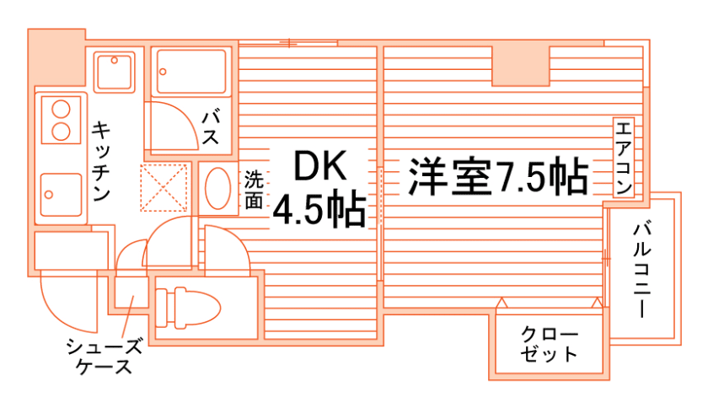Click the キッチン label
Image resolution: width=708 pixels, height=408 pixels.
coord(101,161)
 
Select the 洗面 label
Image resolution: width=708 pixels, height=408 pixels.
coord(254,190)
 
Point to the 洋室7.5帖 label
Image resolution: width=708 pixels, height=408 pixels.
coord(498,178)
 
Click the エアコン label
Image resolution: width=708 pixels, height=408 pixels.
coord(623,157)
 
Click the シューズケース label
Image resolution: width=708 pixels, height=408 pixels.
coord(105,356)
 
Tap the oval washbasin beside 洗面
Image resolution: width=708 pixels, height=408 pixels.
coord(218,187)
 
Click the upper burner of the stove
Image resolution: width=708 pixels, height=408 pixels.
coord(61,110)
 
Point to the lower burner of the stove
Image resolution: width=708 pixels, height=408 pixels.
coord(61,131)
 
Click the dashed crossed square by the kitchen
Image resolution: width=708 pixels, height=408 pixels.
coord(165,185)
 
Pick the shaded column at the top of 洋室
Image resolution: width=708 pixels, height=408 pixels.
coord(521,64)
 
